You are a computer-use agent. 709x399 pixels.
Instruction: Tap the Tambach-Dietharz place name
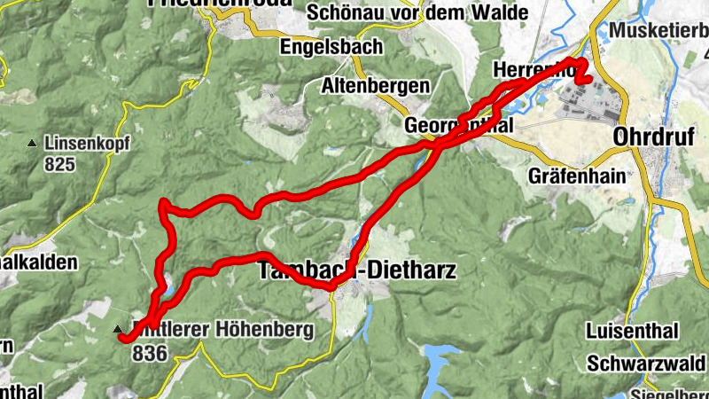[357, 270]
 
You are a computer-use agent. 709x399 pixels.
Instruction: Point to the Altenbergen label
[376, 86]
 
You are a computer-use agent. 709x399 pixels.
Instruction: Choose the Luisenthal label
[632, 330]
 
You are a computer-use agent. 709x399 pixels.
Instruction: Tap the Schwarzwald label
[646, 363]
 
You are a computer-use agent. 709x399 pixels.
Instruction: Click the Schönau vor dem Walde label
[417, 12]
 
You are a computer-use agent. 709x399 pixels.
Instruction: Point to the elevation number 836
[149, 351]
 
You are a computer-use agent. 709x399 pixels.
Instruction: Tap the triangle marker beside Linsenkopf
[33, 143]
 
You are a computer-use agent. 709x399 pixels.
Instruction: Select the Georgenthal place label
[459, 125]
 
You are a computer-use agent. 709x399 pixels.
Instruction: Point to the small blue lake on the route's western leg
[166, 286]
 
